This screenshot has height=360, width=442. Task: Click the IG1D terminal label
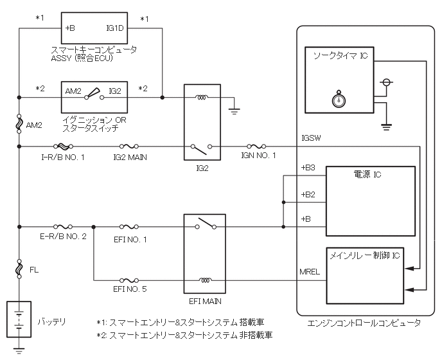tap(115, 28)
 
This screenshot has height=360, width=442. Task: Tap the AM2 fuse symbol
tap(19, 123)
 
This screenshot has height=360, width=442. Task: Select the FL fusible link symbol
tap(19, 269)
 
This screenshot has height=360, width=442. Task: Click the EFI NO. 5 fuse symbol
tap(129, 280)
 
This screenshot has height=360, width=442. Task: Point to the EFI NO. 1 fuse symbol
tap(129, 226)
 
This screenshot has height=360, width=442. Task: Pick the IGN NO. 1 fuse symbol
tap(256, 146)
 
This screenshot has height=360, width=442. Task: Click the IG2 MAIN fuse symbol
tap(129, 146)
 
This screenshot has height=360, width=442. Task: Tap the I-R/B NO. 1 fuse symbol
tap(63, 146)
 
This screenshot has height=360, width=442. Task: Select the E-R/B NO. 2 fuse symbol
tap(63, 226)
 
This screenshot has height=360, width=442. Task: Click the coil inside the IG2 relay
tap(202, 98)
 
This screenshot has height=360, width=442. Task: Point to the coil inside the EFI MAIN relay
tap(205, 280)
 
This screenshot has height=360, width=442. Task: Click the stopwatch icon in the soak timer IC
tap(339, 99)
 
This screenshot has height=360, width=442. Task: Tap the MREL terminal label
tap(310, 272)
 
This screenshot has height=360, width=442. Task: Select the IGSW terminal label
tap(311, 138)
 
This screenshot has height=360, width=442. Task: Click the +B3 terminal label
tap(308, 168)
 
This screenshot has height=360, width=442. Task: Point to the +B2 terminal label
tap(308, 194)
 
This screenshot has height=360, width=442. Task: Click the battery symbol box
tap(19, 319)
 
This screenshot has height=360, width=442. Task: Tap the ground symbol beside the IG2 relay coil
tap(234, 111)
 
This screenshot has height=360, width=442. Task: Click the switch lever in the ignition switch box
tap(93, 93)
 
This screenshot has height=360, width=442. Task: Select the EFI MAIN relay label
tap(205, 301)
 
